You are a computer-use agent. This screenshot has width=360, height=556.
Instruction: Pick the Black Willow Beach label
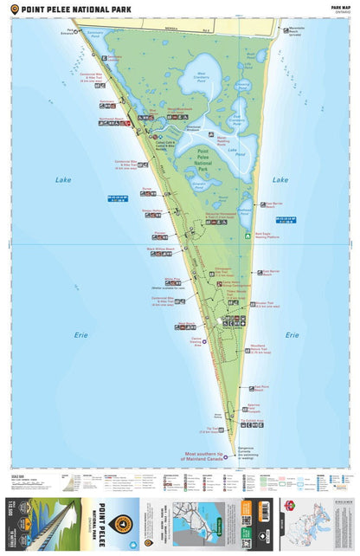click(160, 249)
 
